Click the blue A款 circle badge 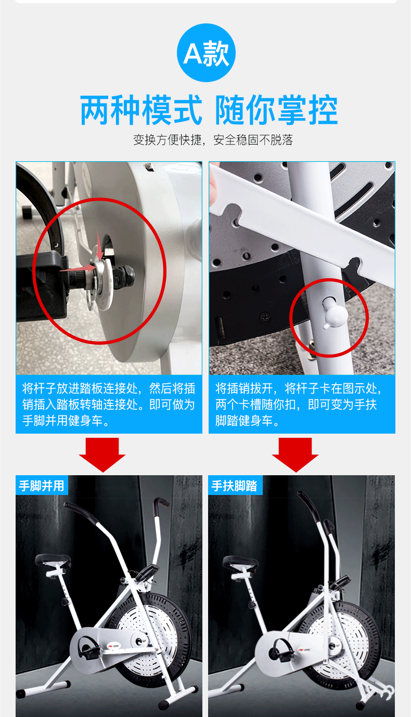coord(206,53)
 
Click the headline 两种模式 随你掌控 coord(209,110)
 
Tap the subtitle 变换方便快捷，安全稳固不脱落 coord(213,140)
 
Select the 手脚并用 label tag coord(42,485)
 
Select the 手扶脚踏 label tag coord(235,485)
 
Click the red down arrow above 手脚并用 coord(102,454)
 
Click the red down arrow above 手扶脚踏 coord(295,454)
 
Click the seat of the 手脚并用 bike coord(53,560)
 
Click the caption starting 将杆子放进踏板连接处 coord(109,405)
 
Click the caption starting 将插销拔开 coord(299,405)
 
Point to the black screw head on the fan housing coord(265,317)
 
